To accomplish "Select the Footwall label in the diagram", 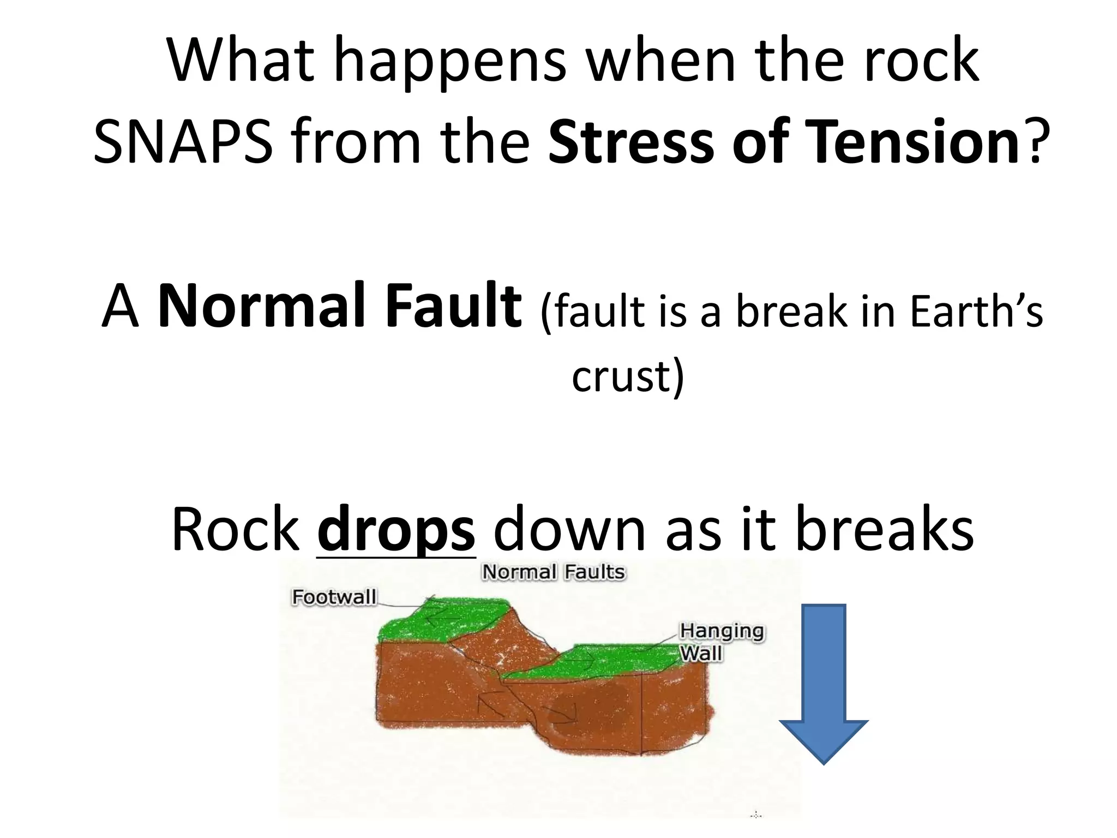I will pyautogui.click(x=334, y=597).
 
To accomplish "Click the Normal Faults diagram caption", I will pyautogui.click(x=553, y=572).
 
